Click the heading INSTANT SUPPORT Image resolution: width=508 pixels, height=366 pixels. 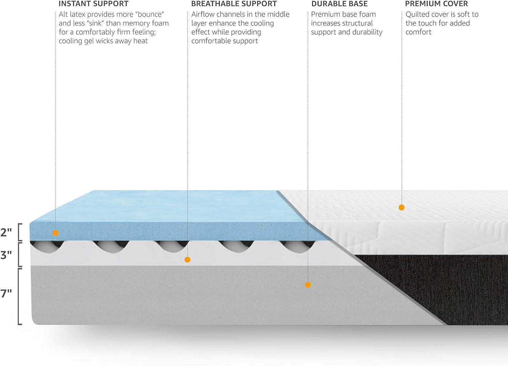coord(93,4)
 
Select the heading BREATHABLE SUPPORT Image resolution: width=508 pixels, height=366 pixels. coord(234,4)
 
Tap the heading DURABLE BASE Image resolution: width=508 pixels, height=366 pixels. coord(339,4)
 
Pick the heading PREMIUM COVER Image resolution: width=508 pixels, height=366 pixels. coord(437,4)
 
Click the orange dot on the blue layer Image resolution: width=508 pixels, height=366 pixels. coord(56,233)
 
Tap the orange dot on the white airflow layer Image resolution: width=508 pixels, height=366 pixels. coord(187,260)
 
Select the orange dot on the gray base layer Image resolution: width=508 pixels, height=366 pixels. coord(308,285)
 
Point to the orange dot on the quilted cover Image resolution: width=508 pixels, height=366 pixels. coord(401,207)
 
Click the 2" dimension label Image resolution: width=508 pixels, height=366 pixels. coord(6,233)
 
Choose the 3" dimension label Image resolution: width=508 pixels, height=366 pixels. coord(6,255)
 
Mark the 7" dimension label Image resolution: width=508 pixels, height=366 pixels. coord(6,294)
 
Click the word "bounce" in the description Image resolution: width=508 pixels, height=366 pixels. coord(150,14)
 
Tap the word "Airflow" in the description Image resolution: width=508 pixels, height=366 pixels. coord(203,14)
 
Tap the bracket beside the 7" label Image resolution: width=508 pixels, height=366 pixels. coord(20,297)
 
